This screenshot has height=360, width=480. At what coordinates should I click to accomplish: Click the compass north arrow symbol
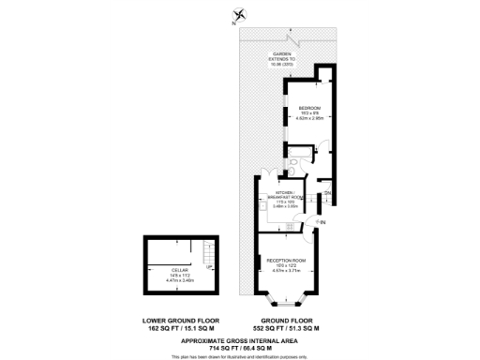point(240,14)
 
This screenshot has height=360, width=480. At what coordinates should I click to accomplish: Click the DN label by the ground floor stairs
point(328,193)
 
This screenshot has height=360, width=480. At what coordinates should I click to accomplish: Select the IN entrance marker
point(322,222)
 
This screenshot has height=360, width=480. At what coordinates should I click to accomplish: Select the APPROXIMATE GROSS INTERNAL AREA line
point(239,339)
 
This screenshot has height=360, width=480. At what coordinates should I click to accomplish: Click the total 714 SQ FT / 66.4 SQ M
point(239,347)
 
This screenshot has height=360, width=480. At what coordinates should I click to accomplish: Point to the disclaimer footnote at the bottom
point(239,356)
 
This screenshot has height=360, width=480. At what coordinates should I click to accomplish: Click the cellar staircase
point(208,251)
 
